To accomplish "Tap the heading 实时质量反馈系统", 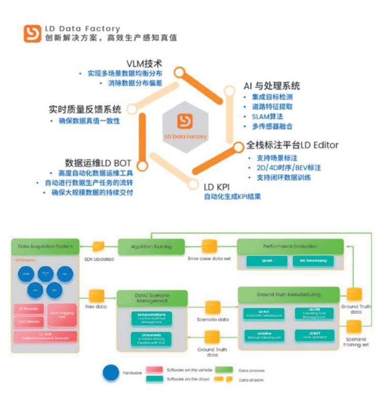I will (85, 109).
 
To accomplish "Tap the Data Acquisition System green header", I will (45, 247).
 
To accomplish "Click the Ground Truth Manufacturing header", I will (288, 294).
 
